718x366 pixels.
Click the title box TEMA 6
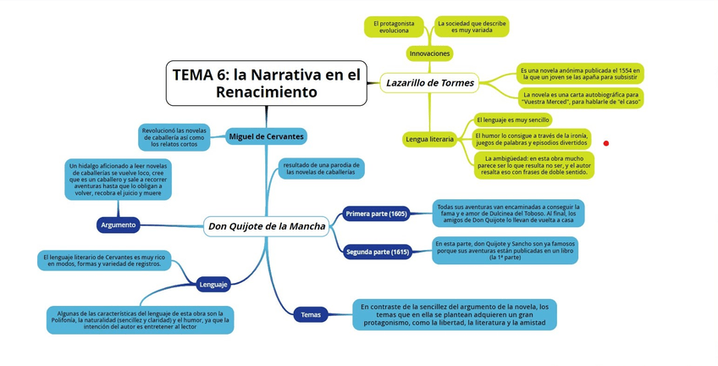coord(266,83)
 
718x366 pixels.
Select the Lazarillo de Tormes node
coord(430,83)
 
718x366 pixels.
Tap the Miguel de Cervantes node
coord(266,136)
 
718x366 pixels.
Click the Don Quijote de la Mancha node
coord(266,226)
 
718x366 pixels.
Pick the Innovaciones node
coord(429,53)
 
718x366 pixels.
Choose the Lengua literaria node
coord(430,138)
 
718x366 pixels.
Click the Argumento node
coord(119,225)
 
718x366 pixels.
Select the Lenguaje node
coord(213,284)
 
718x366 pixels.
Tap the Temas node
coord(311,315)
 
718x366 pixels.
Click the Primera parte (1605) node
coord(377,213)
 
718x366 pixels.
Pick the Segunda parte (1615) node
coord(378,252)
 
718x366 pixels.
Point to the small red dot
coord(606,143)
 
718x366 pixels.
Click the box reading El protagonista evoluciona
coord(395,26)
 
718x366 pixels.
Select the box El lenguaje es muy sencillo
coord(512,120)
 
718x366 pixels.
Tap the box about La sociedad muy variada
coord(472,26)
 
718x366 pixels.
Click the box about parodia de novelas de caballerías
coord(321,168)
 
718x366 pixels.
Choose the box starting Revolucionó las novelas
coord(174,136)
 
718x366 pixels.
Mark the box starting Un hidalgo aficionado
coord(119,180)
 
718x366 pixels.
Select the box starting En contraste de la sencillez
coord(455,314)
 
